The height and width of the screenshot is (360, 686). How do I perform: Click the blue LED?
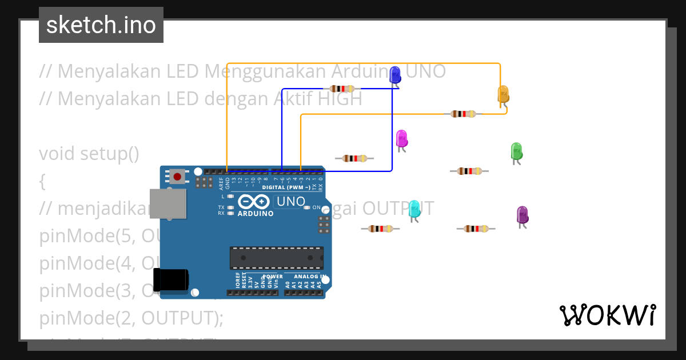(x=394, y=75)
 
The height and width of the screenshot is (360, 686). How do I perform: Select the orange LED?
(x=503, y=94)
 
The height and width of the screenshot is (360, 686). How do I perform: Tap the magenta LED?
(x=401, y=139)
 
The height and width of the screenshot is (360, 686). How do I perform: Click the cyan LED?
(x=414, y=210)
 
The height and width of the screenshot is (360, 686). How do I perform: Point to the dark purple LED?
(x=522, y=215)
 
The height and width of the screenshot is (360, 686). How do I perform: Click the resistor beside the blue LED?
(x=342, y=89)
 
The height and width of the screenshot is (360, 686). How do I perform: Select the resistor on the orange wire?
(x=463, y=114)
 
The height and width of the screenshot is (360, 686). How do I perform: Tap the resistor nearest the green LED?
(x=469, y=171)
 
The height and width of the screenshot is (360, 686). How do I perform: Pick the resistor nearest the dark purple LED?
(x=476, y=229)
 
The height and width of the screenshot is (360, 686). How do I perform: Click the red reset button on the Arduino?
(x=177, y=177)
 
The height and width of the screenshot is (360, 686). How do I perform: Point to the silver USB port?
(x=168, y=203)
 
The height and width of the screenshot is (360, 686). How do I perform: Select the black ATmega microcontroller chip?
(x=277, y=258)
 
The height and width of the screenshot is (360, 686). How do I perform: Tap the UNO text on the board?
(x=290, y=202)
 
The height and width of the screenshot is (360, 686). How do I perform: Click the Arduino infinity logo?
(x=254, y=202)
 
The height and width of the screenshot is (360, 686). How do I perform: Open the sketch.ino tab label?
(x=101, y=25)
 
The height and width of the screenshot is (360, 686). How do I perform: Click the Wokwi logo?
(x=607, y=315)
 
